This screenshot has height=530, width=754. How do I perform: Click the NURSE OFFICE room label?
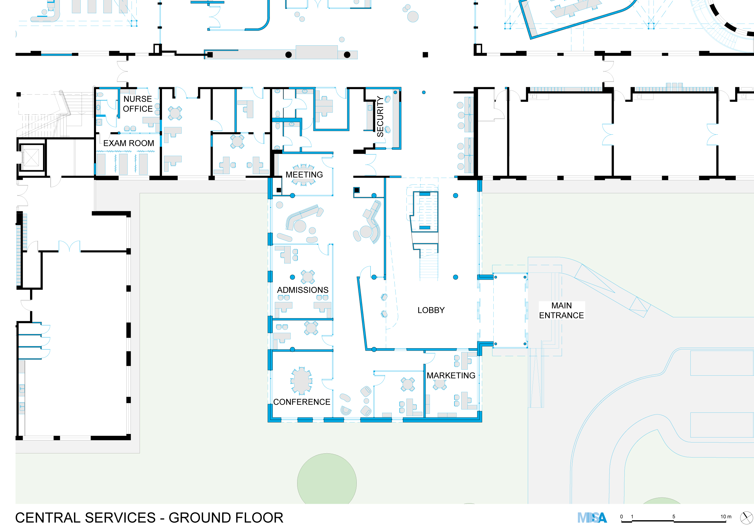pyautogui.click(x=138, y=104)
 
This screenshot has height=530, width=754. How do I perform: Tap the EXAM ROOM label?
pyautogui.click(x=128, y=143)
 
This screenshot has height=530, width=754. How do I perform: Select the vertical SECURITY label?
pyautogui.click(x=380, y=116)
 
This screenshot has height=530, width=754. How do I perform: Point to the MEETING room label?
pyautogui.click(x=304, y=175)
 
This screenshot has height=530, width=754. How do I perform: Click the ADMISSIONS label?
pyautogui.click(x=302, y=290)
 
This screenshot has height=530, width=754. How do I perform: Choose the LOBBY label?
pyautogui.click(x=431, y=310)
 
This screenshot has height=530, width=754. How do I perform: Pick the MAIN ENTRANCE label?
pyautogui.click(x=561, y=311)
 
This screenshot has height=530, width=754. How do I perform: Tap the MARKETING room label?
pyautogui.click(x=451, y=375)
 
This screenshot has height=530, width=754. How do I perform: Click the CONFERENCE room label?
pyautogui.click(x=302, y=402)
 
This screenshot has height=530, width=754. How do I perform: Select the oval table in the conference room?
pyautogui.click(x=301, y=381)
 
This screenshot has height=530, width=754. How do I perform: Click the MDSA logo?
pyautogui.click(x=592, y=518)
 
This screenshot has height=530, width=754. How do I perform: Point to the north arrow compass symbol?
pyautogui.click(x=746, y=518)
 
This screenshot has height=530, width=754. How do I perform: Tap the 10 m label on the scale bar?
pyautogui.click(x=726, y=516)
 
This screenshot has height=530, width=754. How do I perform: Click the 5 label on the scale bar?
pyautogui.click(x=674, y=516)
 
